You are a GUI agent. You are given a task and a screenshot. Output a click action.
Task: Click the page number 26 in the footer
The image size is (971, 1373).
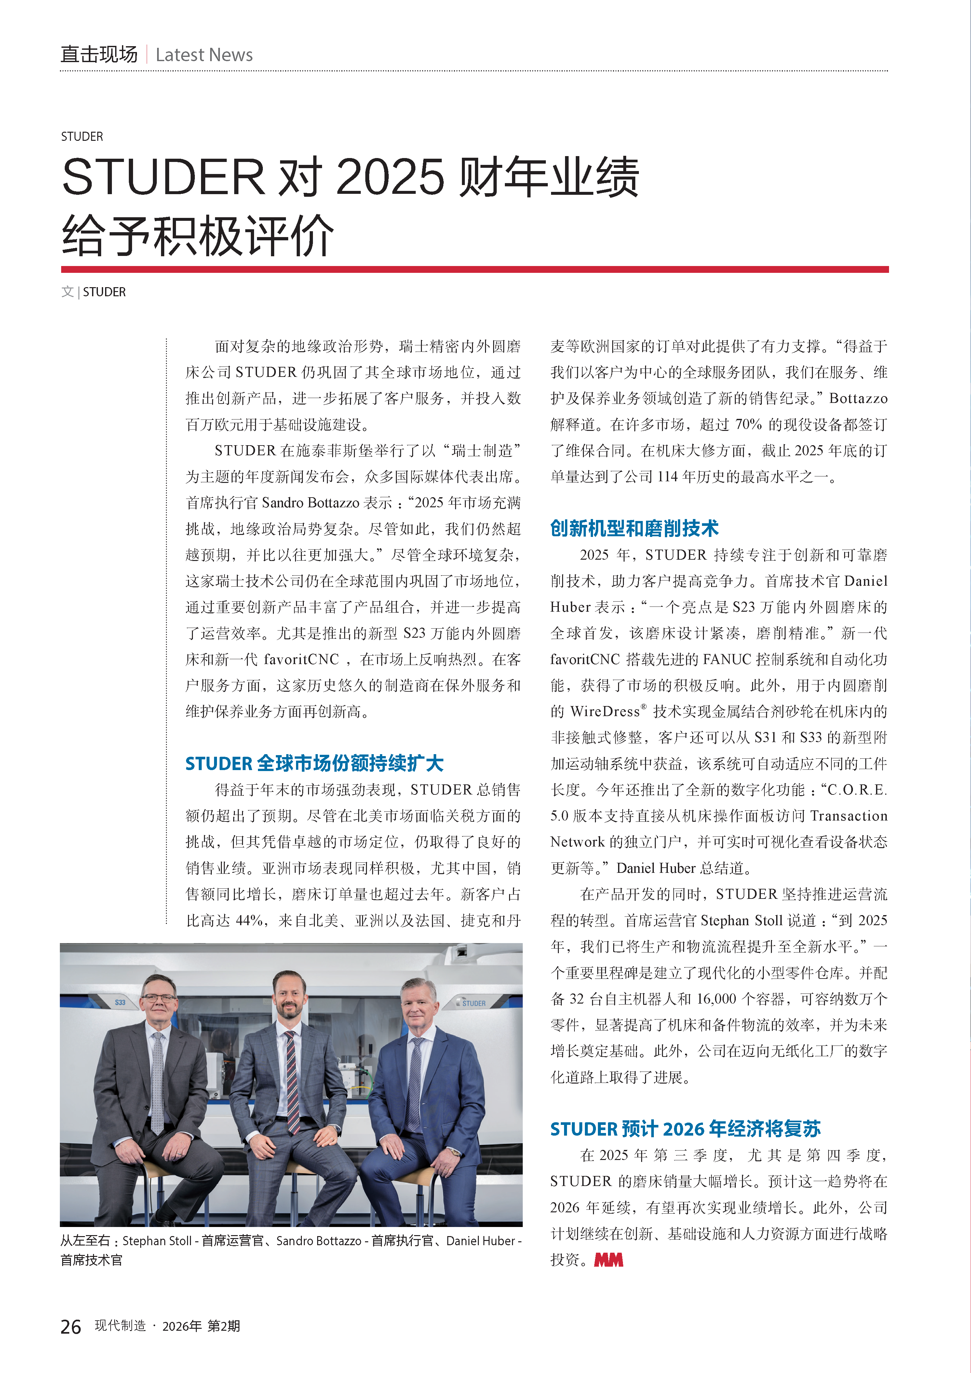coord(71,1326)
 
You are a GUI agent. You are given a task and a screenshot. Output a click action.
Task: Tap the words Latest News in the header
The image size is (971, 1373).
coord(204,55)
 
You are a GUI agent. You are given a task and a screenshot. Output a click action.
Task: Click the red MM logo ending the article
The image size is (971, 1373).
coord(608,1260)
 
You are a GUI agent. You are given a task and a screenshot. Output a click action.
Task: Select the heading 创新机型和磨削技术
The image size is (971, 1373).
coord(634,528)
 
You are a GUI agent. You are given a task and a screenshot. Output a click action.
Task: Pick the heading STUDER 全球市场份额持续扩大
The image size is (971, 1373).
coord(314,764)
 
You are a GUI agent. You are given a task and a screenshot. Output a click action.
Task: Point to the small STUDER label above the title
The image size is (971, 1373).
coord(82,136)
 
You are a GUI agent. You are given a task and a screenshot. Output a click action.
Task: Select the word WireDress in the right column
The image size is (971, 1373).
coord(604,712)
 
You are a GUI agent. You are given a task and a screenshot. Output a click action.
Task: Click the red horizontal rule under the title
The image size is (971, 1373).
coord(474,269)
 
